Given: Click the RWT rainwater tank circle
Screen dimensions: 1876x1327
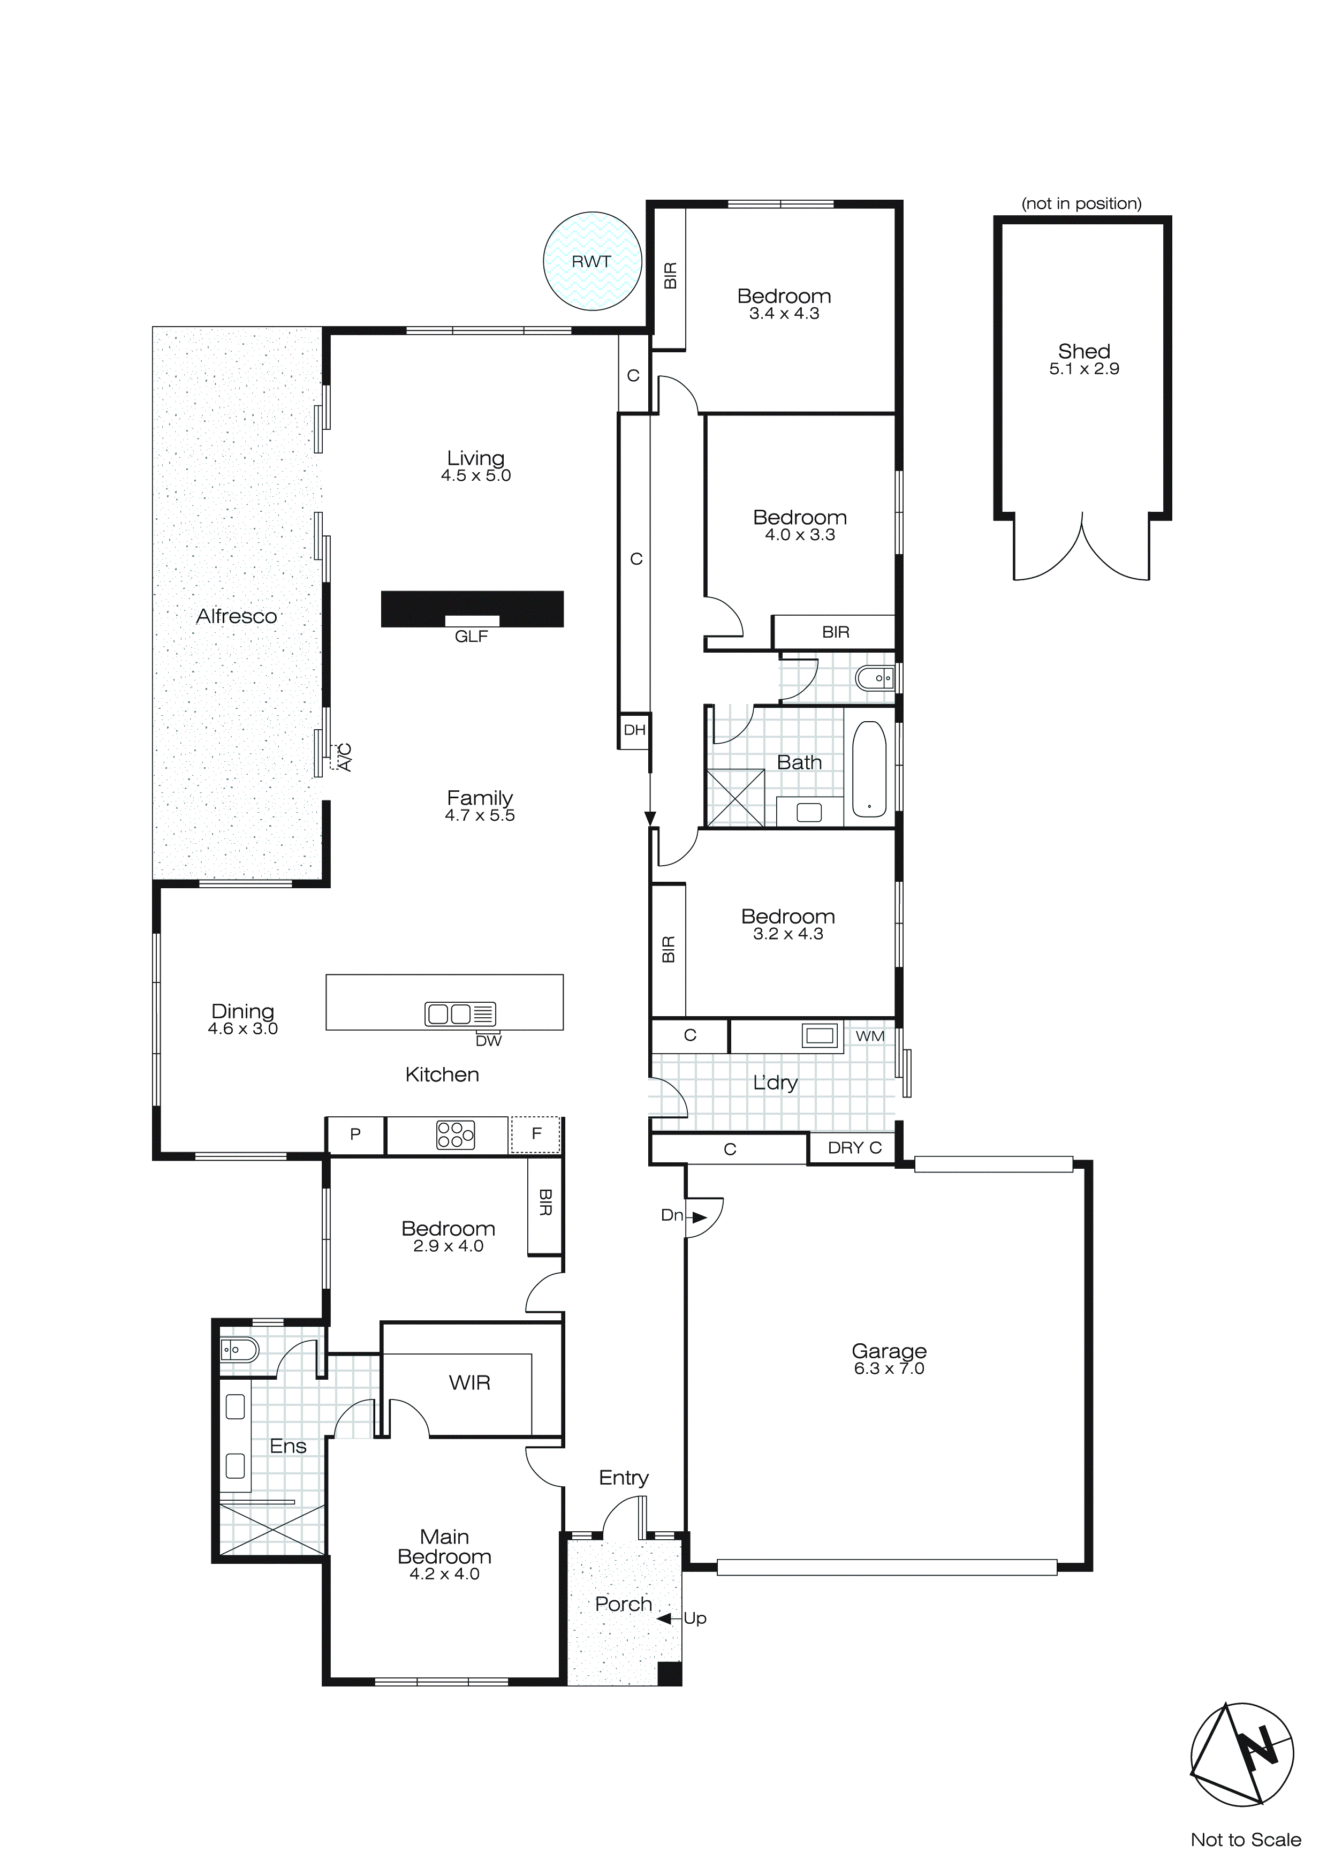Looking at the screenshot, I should pyautogui.click(x=592, y=261).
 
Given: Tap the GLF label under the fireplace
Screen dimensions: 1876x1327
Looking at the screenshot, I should pyautogui.click(x=472, y=637).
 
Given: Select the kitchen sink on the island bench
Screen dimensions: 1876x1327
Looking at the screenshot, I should pyautogui.click(x=460, y=1014).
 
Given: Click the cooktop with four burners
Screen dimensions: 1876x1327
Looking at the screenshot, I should pyautogui.click(x=455, y=1135).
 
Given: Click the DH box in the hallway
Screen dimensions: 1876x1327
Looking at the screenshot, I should pyautogui.click(x=635, y=730).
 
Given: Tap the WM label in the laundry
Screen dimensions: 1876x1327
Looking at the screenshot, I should pyautogui.click(x=869, y=1036).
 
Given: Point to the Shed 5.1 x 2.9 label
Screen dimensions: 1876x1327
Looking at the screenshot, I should pyautogui.click(x=1083, y=359).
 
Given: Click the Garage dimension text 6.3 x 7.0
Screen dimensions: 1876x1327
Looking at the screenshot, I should pyautogui.click(x=889, y=1368).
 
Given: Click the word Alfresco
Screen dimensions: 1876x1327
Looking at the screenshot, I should pyautogui.click(x=236, y=616).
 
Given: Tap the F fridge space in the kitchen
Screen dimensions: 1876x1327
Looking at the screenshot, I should pyautogui.click(x=536, y=1134).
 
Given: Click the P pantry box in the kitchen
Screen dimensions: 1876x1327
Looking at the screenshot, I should pyautogui.click(x=354, y=1134).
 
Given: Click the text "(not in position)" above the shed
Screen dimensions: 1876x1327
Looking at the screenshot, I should pyautogui.click(x=1081, y=203).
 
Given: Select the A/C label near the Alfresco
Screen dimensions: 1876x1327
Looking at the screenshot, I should pyautogui.click(x=344, y=757).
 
